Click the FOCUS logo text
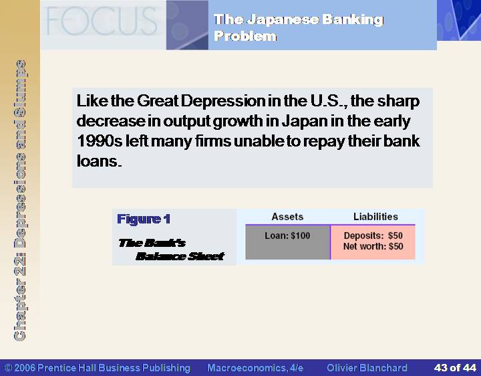click(x=102, y=21)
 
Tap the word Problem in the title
click(x=245, y=36)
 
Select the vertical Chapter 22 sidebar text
click(x=20, y=200)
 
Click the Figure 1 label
click(x=144, y=219)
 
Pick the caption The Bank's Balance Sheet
click(x=172, y=250)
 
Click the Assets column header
click(x=287, y=217)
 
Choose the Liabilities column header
click(x=375, y=217)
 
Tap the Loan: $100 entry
click(x=287, y=236)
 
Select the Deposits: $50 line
click(x=373, y=236)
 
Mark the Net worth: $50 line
click(x=373, y=246)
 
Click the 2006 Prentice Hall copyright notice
click(x=98, y=368)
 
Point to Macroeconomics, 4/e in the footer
click(x=255, y=368)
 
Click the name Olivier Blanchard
click(x=367, y=368)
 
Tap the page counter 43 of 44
click(x=455, y=368)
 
